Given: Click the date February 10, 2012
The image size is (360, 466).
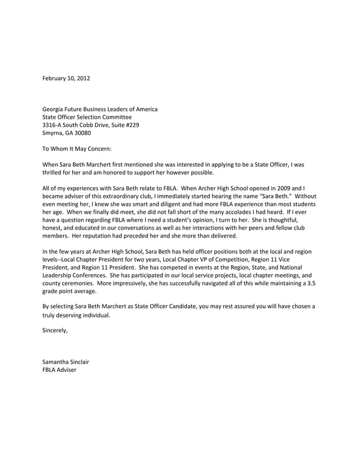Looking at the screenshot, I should click(x=66, y=77).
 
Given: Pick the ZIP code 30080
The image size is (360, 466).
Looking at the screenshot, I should click(x=81, y=133).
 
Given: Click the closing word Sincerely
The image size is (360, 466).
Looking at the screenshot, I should click(x=55, y=331).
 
